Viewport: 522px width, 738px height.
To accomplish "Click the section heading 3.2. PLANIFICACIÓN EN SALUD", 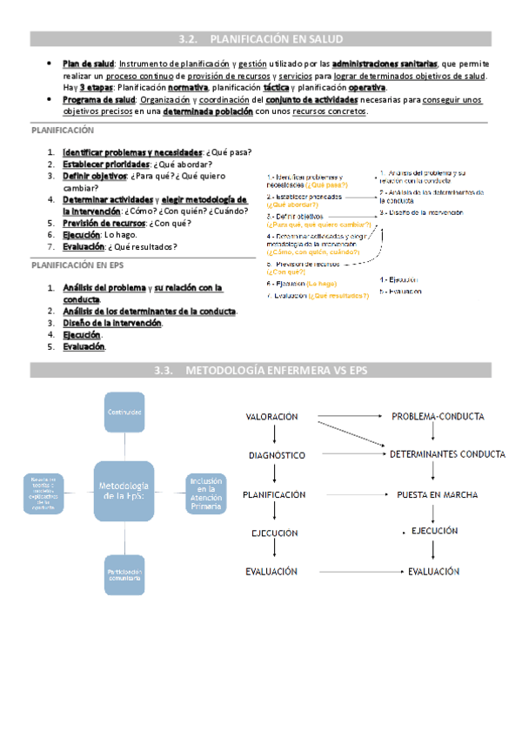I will point(261,39).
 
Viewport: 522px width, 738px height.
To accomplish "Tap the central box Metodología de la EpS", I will point(124,490).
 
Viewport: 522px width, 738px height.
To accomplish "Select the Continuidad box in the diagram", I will point(124,411).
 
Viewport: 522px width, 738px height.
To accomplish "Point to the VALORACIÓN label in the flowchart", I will point(272,418).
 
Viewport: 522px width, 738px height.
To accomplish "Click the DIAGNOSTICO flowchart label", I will point(277,455).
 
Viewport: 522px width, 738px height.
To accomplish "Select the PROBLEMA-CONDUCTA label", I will point(438,417).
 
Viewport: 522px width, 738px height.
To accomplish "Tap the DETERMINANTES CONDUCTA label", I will point(447,454).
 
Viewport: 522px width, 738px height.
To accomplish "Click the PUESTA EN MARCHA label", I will point(437,494).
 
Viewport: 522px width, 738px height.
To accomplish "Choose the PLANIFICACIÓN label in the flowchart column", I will point(274,494).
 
